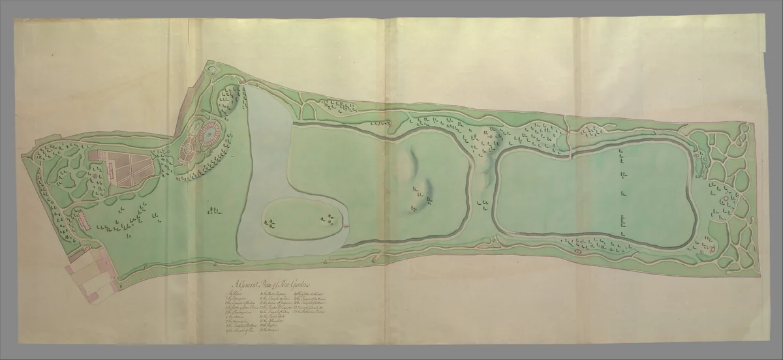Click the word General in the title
point(247,284)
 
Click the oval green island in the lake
point(301,220)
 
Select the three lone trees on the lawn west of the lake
point(211,210)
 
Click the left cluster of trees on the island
point(269,224)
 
